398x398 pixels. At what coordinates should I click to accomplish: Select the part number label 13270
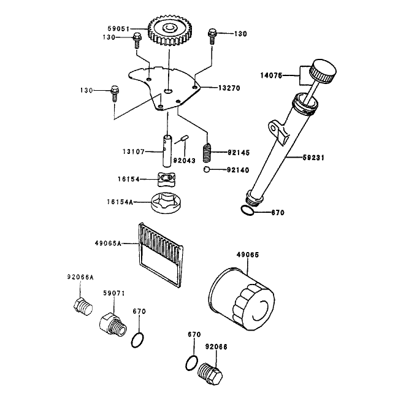pos(229,88)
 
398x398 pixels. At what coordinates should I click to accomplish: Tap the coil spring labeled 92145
pos(207,153)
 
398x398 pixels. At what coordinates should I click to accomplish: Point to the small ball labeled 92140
pos(207,169)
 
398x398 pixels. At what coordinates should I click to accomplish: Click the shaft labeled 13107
pos(167,151)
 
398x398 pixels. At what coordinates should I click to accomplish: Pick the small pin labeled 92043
pos(185,139)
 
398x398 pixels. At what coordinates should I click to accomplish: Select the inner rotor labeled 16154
pos(167,179)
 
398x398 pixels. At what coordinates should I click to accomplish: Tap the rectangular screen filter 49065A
pos(161,256)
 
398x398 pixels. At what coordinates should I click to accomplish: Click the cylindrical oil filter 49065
pos(241,299)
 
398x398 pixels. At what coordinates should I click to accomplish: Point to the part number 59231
pos(313,158)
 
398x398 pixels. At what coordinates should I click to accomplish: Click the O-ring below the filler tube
pos(247,210)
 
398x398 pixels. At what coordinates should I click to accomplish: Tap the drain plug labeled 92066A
pos(83,307)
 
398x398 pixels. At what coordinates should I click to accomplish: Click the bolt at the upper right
pos(212,37)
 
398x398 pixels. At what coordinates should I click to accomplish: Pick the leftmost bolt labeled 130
pos(115,93)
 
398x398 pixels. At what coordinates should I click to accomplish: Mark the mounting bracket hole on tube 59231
pos(273,128)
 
